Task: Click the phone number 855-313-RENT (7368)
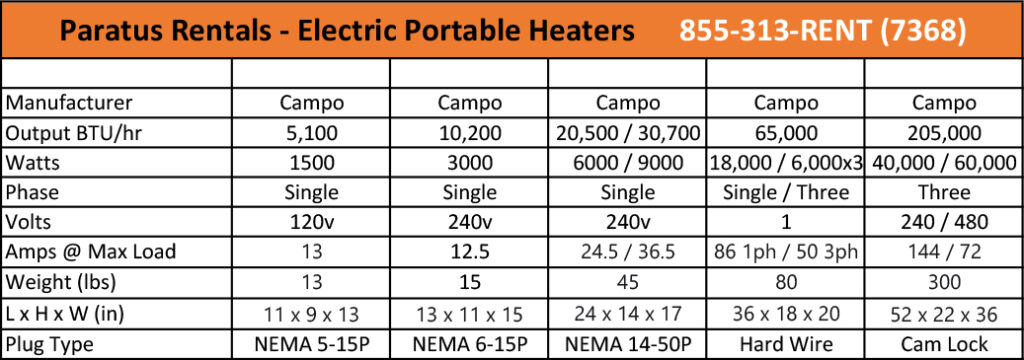pyautogui.click(x=823, y=31)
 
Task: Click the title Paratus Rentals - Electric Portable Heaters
pyautogui.click(x=347, y=31)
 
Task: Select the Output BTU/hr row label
pyautogui.click(x=68, y=131)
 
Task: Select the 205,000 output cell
pyautogui.click(x=944, y=131)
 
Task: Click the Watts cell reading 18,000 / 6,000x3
pyautogui.click(x=785, y=161)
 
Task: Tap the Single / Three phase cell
pyautogui.click(x=785, y=191)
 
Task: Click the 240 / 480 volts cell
pyautogui.click(x=944, y=221)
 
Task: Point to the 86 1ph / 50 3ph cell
pyautogui.click(x=785, y=252)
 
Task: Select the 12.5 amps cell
pyautogui.click(x=469, y=252)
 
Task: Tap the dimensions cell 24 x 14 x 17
pyautogui.click(x=628, y=312)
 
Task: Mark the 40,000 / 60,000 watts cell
pyautogui.click(x=944, y=161)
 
